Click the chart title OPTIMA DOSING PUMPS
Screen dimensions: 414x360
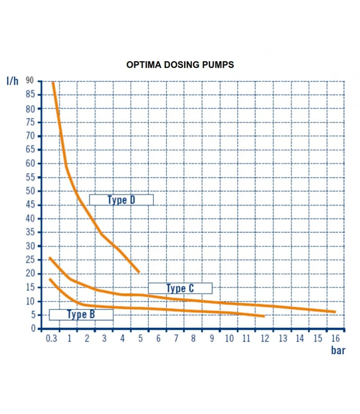(180, 65)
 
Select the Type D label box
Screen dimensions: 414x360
(121, 200)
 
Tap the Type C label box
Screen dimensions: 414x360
(180, 288)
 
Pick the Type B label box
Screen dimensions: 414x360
(81, 314)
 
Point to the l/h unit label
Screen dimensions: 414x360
(13, 81)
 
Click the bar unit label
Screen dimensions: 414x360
(338, 350)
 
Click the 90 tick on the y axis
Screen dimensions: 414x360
(30, 81)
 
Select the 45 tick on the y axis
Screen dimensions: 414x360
(30, 205)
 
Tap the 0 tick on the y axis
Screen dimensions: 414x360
(32, 329)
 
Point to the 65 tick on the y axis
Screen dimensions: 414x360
(30, 150)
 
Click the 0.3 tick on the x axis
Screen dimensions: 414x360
(52, 338)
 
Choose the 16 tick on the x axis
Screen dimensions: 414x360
(335, 338)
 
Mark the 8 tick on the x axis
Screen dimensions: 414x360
(193, 338)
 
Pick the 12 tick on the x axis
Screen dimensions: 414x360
(265, 338)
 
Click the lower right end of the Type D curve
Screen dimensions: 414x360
(139, 272)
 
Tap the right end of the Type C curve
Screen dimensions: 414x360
(334, 312)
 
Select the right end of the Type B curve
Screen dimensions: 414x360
(263, 316)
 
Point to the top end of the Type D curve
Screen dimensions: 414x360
(53, 83)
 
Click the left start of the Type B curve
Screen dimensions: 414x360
(50, 279)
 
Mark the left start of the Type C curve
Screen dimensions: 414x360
(50, 258)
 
